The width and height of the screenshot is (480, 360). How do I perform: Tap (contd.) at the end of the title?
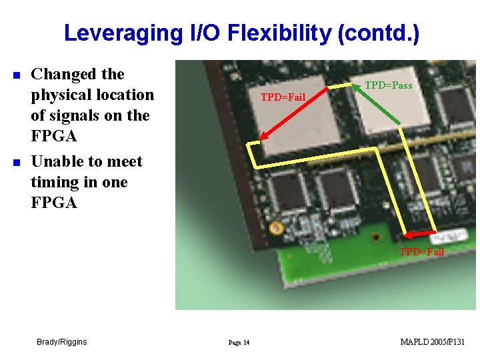click(x=379, y=33)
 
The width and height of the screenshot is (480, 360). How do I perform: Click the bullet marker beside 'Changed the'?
click(x=15, y=75)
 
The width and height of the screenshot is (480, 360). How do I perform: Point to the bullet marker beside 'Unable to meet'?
click(x=15, y=163)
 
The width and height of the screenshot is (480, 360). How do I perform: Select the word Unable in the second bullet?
click(x=56, y=161)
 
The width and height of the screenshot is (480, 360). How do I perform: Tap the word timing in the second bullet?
click(x=54, y=182)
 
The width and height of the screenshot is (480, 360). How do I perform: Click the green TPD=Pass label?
click(x=389, y=86)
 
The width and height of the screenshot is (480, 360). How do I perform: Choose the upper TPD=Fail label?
click(x=283, y=97)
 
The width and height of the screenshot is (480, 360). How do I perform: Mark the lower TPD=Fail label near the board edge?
click(x=421, y=251)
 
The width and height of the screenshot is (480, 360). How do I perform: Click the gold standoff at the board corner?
click(x=275, y=229)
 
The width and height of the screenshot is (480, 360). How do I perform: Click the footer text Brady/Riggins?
click(x=62, y=342)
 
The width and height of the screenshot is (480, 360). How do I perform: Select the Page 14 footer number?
click(x=239, y=343)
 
